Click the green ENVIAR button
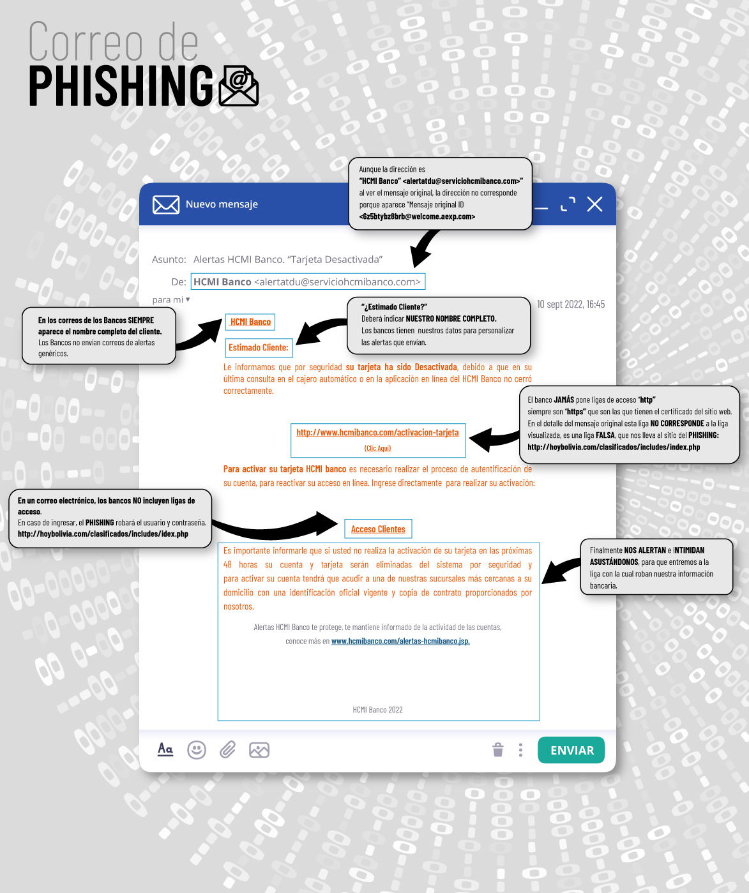[571, 750]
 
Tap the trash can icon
[497, 750]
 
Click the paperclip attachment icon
[227, 750]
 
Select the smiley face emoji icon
[196, 750]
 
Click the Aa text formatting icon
[165, 749]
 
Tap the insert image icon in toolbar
[259, 750]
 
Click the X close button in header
[594, 204]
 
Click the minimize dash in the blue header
[541, 208]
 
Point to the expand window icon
[568, 204]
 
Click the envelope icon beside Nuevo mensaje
[166, 204]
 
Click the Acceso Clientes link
[378, 529]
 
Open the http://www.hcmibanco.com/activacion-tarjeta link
[378, 432]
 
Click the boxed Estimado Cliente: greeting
[259, 347]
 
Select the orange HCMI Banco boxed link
[250, 322]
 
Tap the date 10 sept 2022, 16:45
[571, 304]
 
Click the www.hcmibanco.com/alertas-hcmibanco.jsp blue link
[400, 641]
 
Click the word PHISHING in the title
[121, 86]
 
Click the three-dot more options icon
[520, 750]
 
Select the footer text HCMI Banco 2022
[378, 710]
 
